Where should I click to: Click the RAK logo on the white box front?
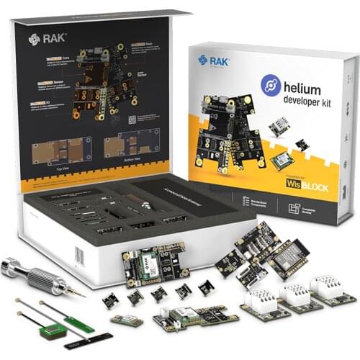tap(214, 61)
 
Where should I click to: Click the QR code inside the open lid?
tap(132, 120)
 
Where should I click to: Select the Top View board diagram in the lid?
tap(61, 150)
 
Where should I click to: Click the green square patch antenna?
tap(51, 330)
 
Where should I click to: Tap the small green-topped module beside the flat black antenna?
tap(127, 320)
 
